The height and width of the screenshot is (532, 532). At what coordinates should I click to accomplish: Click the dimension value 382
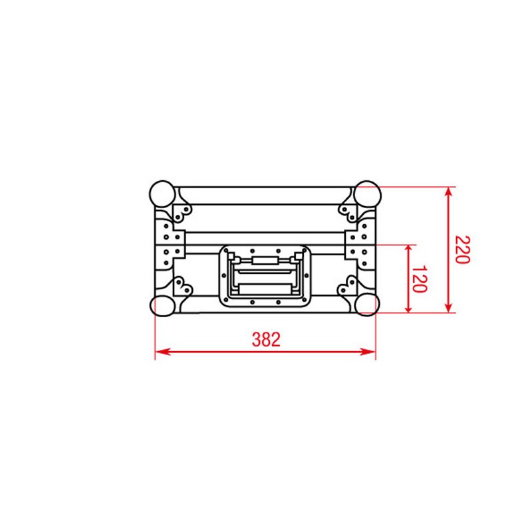coord(266,340)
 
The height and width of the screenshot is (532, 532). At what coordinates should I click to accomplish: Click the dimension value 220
coord(463,249)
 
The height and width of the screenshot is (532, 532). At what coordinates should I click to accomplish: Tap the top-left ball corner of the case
coord(162,194)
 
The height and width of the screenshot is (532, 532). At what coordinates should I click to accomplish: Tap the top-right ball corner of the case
coord(366,194)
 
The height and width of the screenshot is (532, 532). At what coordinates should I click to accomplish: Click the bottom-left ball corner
coord(163,305)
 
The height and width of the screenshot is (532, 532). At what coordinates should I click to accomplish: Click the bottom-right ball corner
coord(366,305)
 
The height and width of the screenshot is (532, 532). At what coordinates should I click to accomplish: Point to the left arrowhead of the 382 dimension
coord(160,352)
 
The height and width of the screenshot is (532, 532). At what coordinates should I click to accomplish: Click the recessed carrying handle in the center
coord(265,276)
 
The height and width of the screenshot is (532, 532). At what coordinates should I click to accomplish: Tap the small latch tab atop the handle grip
coord(265,260)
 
